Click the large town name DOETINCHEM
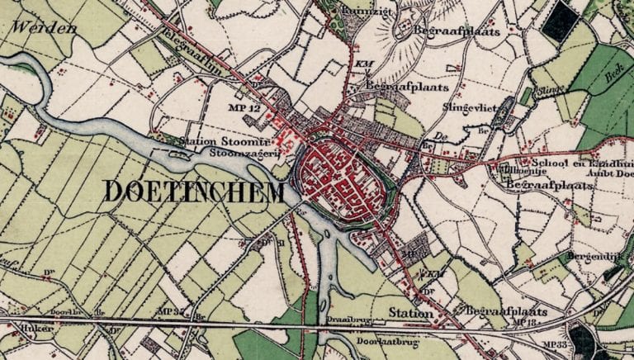tap(194, 192)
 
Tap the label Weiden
tap(40, 28)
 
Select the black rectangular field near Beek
tap(561, 21)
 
